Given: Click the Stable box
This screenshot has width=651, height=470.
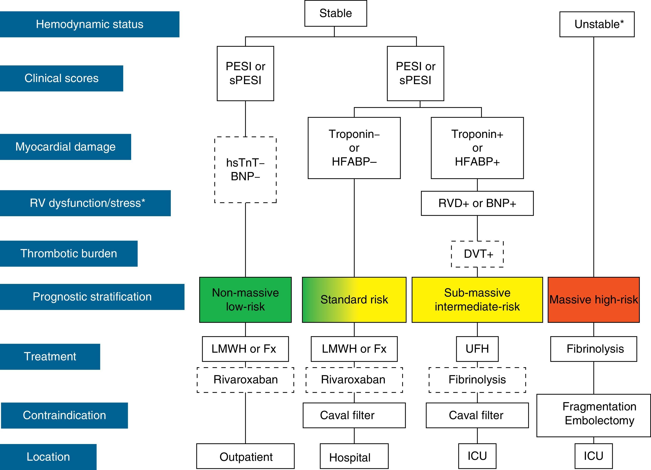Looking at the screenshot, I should pyautogui.click(x=336, y=13).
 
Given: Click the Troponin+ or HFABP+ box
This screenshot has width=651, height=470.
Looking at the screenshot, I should pyautogui.click(x=477, y=148).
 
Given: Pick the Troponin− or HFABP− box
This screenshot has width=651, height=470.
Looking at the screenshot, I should pyautogui.click(x=354, y=148).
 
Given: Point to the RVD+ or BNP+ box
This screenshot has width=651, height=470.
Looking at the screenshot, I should pyautogui.click(x=477, y=203).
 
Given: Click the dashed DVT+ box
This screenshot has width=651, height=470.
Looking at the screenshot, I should pyautogui.click(x=477, y=254).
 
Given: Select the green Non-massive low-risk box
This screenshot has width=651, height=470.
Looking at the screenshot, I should pyautogui.click(x=245, y=300).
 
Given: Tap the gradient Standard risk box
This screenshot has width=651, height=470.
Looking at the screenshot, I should pyautogui.click(x=354, y=300).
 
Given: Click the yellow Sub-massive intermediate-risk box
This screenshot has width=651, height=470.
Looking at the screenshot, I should pyautogui.click(x=477, y=300).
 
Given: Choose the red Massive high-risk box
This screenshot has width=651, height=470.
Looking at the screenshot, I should pyautogui.click(x=594, y=300).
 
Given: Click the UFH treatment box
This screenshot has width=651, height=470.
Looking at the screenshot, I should pyautogui.click(x=477, y=349).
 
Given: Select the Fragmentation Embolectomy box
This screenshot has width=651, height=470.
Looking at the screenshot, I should pyautogui.click(x=594, y=415).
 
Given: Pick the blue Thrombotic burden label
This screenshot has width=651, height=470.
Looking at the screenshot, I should pyautogui.click(x=69, y=254).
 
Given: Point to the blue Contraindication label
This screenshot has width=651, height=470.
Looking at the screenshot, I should pyautogui.click(x=64, y=415).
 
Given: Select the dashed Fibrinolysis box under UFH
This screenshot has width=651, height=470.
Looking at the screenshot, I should pyautogui.click(x=477, y=380).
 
